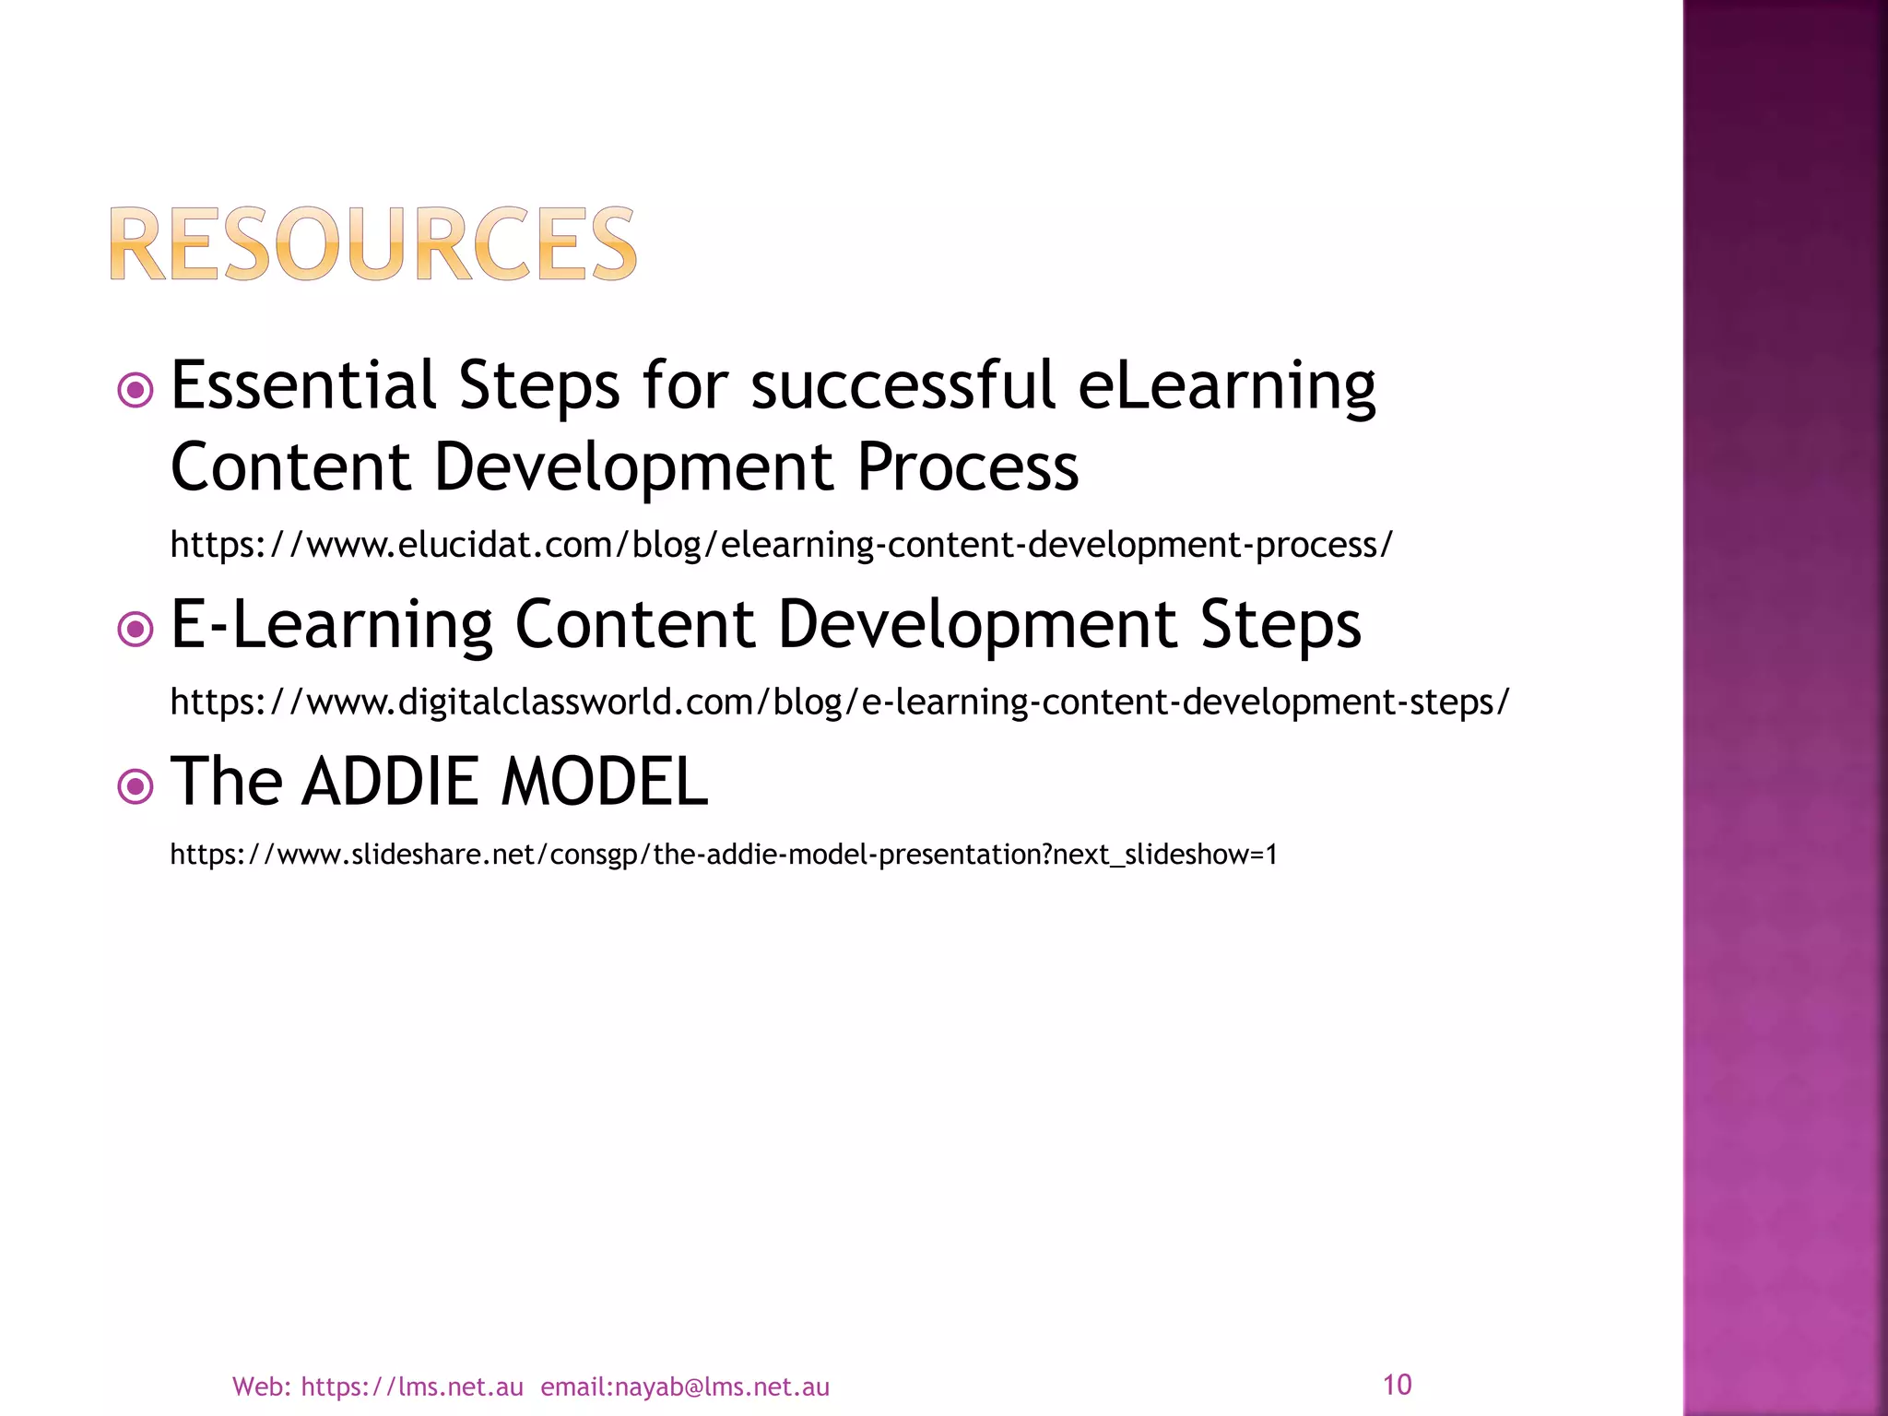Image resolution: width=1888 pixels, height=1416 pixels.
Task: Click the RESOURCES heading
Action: pyautogui.click(x=373, y=244)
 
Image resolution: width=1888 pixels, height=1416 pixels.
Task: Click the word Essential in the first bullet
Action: pyautogui.click(x=302, y=385)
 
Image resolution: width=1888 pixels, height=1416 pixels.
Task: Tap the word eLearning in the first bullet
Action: pyautogui.click(x=1226, y=387)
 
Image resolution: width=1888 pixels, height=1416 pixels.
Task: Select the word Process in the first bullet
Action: pyautogui.click(x=967, y=466)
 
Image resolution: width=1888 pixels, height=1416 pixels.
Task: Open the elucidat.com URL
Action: pyautogui.click(x=781, y=545)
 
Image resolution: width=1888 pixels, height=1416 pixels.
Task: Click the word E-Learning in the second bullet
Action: pyautogui.click(x=332, y=626)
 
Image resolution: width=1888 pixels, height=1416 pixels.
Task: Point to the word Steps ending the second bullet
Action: pyautogui.click(x=1280, y=626)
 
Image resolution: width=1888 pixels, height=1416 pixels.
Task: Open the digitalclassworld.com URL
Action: pyautogui.click(x=839, y=702)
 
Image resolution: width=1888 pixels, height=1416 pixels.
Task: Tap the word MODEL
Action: pyautogui.click(x=604, y=782)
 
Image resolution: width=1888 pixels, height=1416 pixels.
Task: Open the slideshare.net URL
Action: pyautogui.click(x=724, y=855)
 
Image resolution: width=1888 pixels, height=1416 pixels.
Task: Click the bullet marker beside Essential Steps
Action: pyautogui.click(x=136, y=390)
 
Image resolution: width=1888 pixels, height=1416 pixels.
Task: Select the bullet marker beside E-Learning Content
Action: pyautogui.click(x=136, y=630)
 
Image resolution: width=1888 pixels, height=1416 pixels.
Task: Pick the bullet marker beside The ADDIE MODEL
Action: pyautogui.click(x=136, y=786)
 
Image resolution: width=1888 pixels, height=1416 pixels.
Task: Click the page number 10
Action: pyautogui.click(x=1397, y=1385)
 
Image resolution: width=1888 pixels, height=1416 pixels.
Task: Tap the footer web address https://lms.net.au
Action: pyautogui.click(x=411, y=1387)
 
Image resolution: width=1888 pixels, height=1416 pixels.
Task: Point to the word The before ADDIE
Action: pyautogui.click(x=226, y=782)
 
